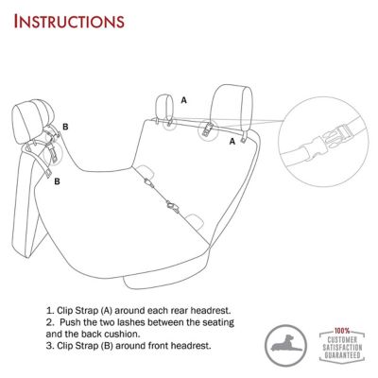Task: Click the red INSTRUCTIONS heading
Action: click(69, 20)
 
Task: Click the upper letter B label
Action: click(65, 126)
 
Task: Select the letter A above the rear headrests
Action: click(183, 98)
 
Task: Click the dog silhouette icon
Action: click(281, 341)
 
